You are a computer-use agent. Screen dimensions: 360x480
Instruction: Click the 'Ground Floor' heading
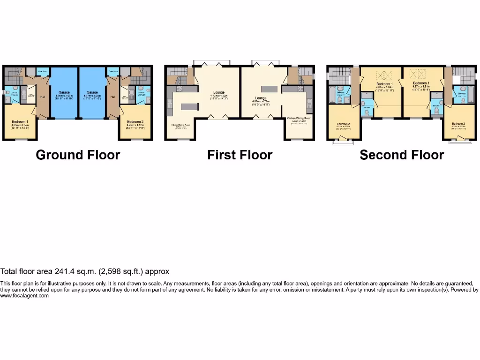[78, 155]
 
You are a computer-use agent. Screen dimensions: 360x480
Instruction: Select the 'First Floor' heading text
[240, 155]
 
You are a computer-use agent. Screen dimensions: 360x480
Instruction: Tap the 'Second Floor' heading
[402, 155]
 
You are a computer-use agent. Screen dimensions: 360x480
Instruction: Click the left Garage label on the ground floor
[64, 92]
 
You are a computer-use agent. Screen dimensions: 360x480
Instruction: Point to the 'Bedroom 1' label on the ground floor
[20, 122]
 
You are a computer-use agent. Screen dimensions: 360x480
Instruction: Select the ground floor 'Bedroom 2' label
[136, 122]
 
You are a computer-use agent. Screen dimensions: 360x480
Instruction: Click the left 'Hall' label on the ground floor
[42, 97]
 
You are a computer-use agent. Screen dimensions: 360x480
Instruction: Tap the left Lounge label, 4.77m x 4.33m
[219, 92]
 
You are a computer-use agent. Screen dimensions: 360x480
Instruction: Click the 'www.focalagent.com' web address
[24, 295]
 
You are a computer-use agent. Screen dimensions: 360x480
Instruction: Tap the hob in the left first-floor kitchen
[179, 89]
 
